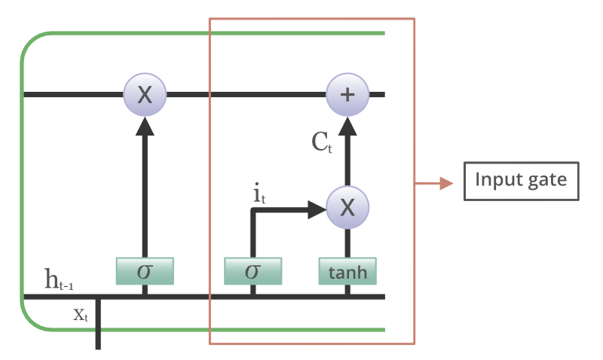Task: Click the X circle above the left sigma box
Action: click(x=145, y=94)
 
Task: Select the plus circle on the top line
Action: click(x=347, y=94)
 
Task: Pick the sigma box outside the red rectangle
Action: click(x=145, y=271)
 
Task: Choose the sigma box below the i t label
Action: click(x=253, y=271)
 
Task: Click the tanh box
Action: click(x=347, y=271)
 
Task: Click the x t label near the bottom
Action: click(x=81, y=315)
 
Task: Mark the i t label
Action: click(x=259, y=194)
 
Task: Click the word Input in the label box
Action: click(x=496, y=181)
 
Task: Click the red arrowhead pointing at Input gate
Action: click(x=446, y=183)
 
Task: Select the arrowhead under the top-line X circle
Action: click(x=145, y=125)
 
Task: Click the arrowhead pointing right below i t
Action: click(x=316, y=209)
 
